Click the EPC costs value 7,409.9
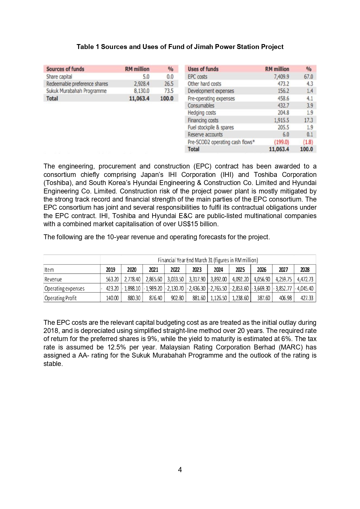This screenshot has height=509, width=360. tap(281, 77)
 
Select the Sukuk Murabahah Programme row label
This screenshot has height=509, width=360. tap(76, 91)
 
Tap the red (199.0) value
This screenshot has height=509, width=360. tap(281, 142)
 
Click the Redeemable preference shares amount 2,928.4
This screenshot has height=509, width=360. tap(142, 84)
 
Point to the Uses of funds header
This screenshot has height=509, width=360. tap(203, 69)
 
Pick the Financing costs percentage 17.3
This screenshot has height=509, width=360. tap(308, 120)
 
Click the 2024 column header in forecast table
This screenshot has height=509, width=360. tap(218, 270)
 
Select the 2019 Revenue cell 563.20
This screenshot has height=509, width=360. tap(112, 279)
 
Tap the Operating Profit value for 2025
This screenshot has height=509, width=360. tap(240, 298)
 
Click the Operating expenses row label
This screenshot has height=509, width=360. tap(64, 289)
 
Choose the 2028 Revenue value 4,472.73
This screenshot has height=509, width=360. tap(305, 279)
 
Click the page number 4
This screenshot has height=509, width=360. tap(180, 470)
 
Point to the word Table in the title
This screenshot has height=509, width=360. tap(85, 47)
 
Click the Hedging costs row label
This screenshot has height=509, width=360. tap(202, 113)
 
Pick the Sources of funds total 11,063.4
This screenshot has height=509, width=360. tap(139, 98)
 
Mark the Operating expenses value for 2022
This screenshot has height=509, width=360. tap(175, 289)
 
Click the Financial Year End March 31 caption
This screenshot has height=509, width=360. tap(208, 260)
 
